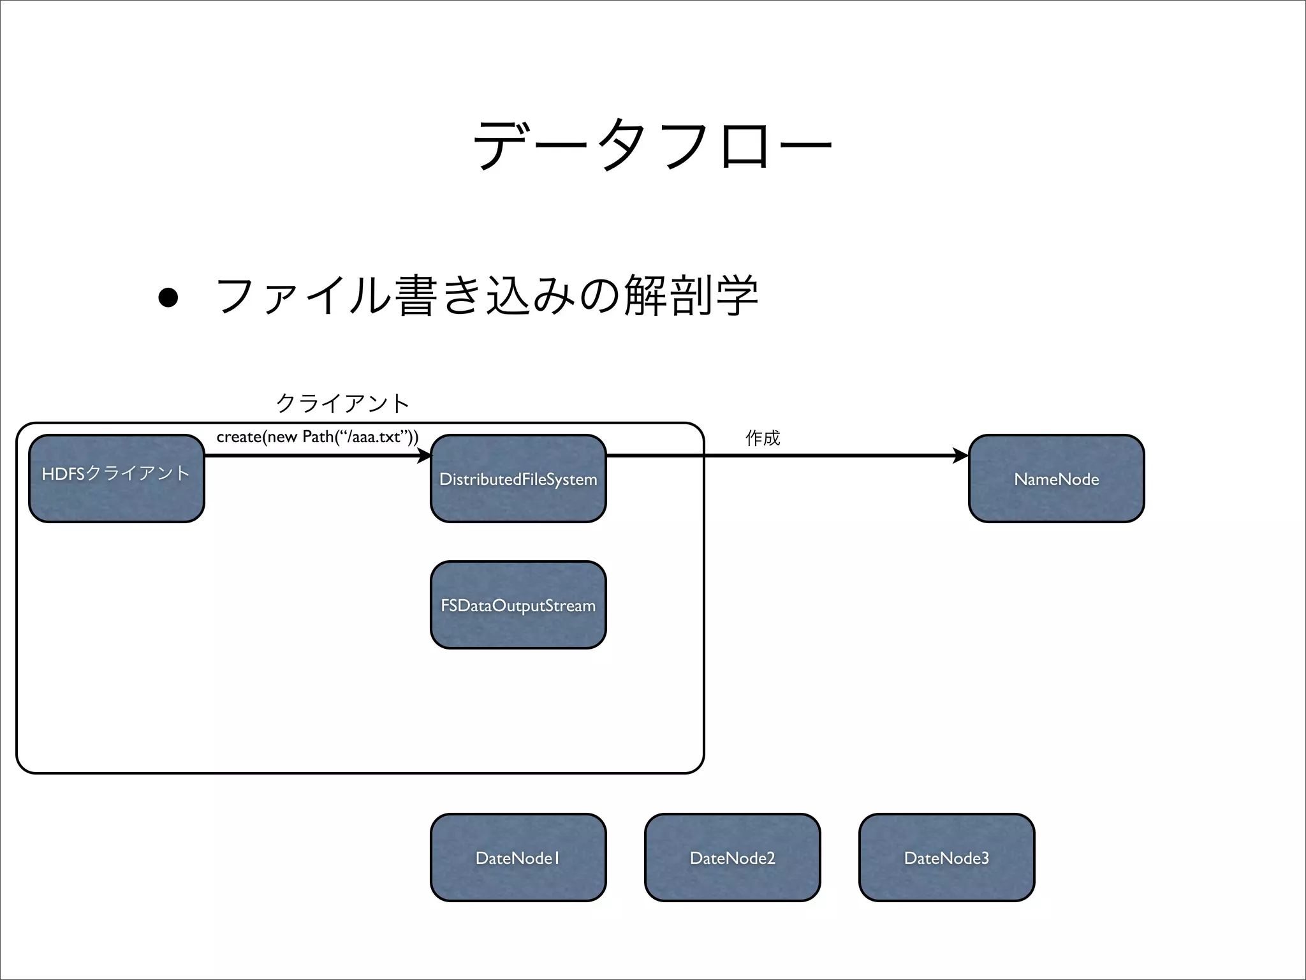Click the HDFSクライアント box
tap(117, 479)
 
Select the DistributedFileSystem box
tap(518, 479)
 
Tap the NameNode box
tap(1056, 479)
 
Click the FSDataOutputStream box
tap(518, 605)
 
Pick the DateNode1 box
tap(518, 857)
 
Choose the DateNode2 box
tap(732, 857)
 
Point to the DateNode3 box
tap(946, 857)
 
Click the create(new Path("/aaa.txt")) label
tap(317, 437)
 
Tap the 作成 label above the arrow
tap(762, 438)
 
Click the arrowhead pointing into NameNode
tap(960, 456)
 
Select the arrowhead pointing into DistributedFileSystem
tap(424, 456)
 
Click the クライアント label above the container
tap(342, 403)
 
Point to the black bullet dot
tap(168, 297)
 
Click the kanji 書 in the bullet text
tap(415, 295)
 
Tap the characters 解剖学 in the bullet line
tap(691, 295)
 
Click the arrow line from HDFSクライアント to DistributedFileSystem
tap(312, 456)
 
